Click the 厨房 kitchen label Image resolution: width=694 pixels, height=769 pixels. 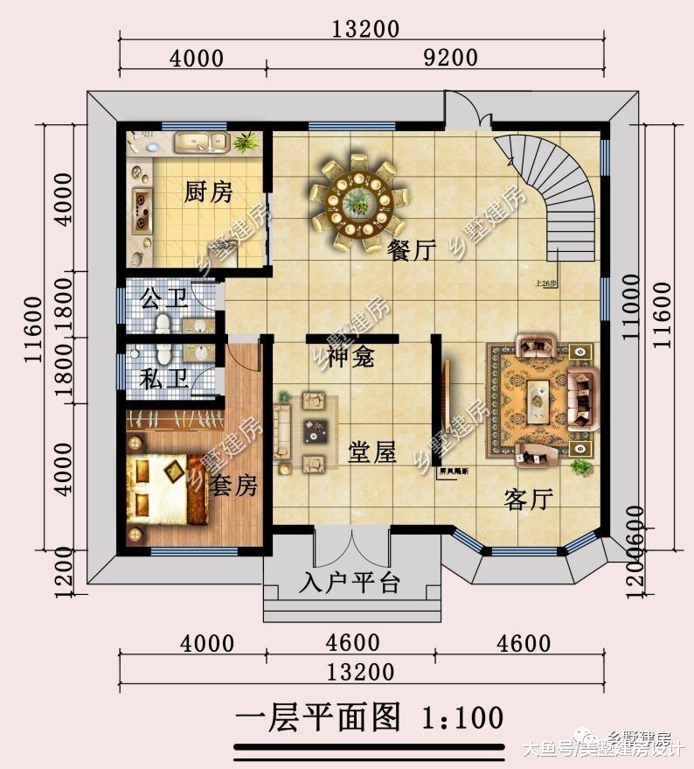tap(208, 192)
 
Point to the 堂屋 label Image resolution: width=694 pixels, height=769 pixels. tap(372, 452)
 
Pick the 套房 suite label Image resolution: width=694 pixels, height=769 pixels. tap(234, 486)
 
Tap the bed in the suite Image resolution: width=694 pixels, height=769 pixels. tap(166, 490)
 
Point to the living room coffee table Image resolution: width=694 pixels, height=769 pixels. tap(538, 401)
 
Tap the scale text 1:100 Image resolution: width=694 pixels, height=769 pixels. tap(463, 718)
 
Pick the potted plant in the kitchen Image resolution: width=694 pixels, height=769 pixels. tap(245, 141)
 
